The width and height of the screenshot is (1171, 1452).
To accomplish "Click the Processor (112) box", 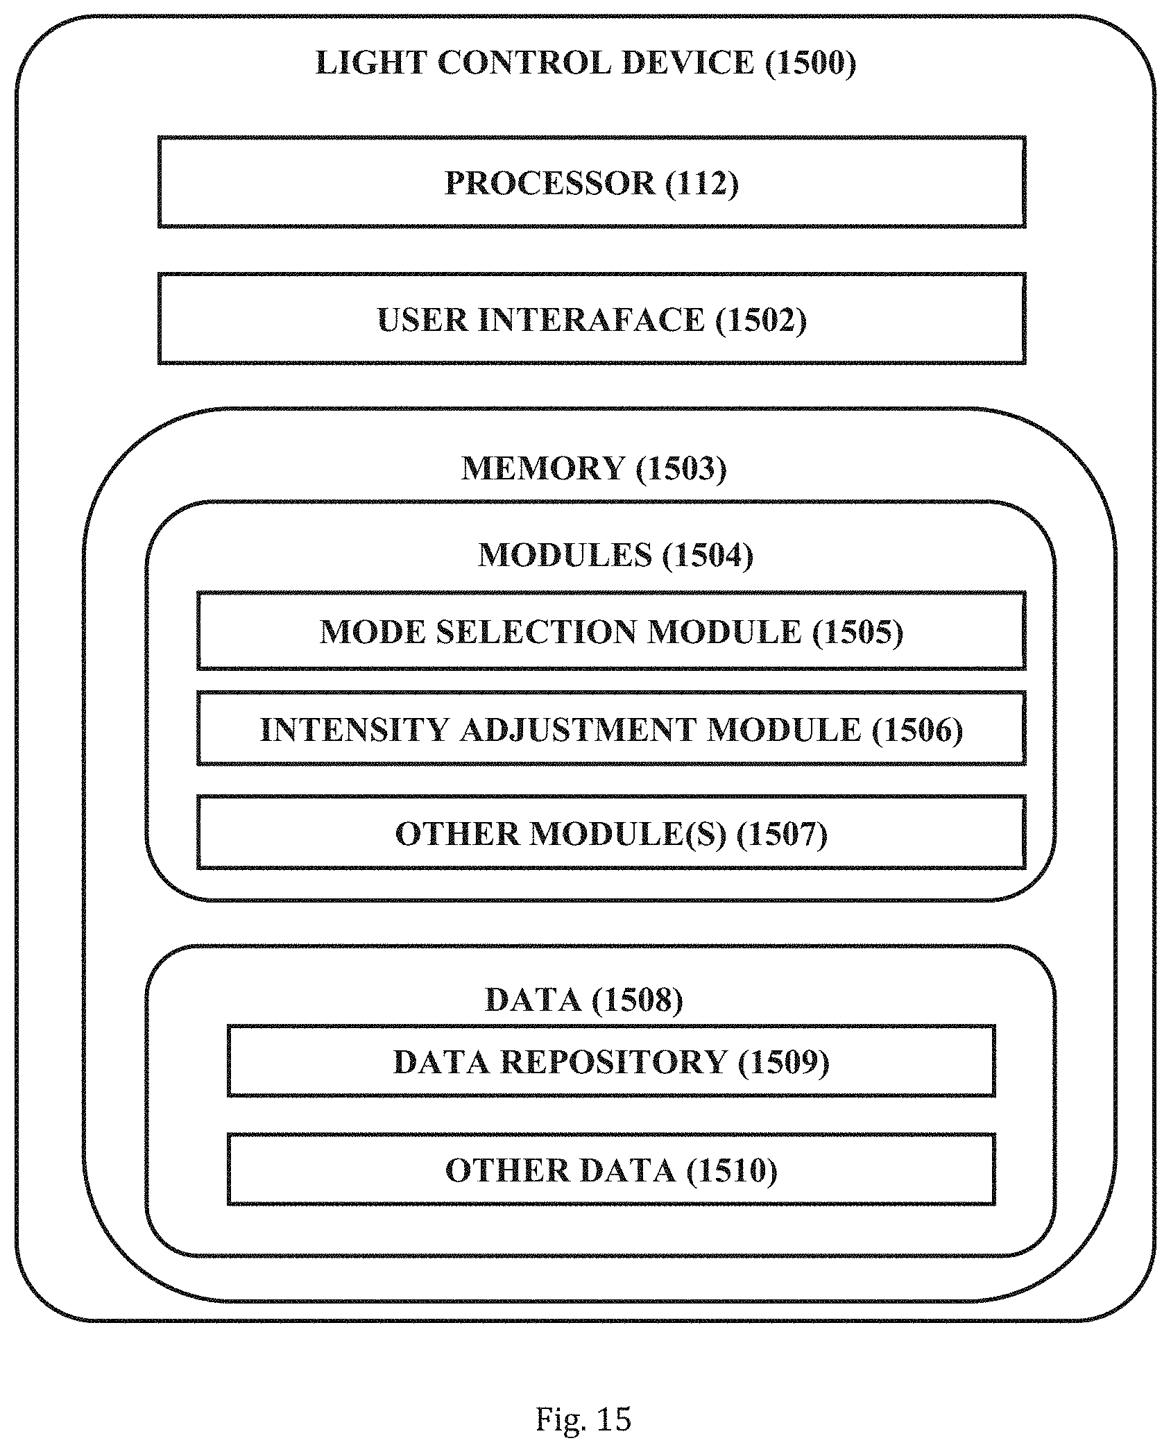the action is click(592, 182).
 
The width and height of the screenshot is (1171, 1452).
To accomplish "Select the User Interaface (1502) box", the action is click(592, 318).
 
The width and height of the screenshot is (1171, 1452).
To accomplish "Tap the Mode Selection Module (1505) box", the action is click(611, 631).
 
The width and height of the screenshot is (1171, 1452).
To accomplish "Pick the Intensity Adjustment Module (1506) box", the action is click(611, 728).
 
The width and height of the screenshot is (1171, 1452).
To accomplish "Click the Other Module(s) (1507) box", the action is click(611, 832).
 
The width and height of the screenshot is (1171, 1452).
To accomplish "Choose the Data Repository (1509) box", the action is click(611, 1061).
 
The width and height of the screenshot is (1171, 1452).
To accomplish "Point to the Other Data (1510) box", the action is click(611, 1170).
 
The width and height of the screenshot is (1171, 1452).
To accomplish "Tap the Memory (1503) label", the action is click(594, 468).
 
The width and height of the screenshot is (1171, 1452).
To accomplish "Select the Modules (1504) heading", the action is click(615, 555).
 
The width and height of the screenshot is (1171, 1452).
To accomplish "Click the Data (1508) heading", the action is click(583, 1000).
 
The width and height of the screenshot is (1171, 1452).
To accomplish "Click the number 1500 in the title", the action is click(811, 62).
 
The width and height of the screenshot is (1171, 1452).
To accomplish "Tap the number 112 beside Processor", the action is click(701, 183).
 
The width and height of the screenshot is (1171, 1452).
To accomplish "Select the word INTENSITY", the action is click(354, 730).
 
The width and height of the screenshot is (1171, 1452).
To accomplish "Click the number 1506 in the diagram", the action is click(916, 730).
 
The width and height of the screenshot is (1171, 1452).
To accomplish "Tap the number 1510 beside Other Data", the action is click(732, 1171).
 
